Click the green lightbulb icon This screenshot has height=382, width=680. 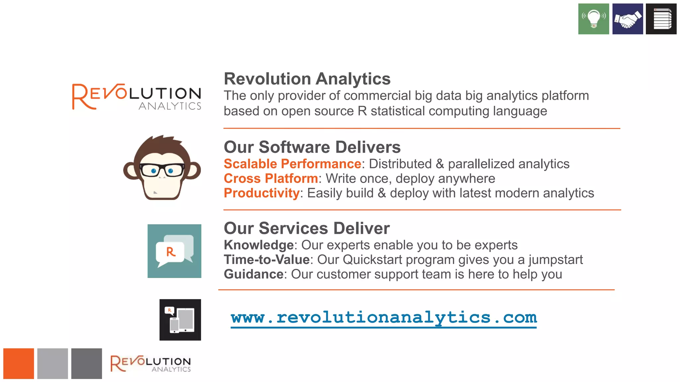pos(593,19)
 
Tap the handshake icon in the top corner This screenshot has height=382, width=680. pos(628,19)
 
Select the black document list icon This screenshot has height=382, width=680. pos(661,19)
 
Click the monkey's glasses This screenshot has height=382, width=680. pos(162,170)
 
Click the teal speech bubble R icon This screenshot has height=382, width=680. pos(174,251)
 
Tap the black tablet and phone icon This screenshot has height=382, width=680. pos(180,320)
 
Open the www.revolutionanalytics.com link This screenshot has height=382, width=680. pos(383,318)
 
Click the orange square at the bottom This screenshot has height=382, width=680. pos(19,363)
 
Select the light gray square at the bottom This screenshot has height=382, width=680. pos(52,363)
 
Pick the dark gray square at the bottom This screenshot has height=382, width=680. pos(86,363)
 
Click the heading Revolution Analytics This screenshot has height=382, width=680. pos(307,79)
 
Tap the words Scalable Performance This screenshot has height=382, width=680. pos(292,164)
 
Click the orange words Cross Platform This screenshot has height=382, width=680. pos(271,178)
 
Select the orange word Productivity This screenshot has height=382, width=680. pos(262,193)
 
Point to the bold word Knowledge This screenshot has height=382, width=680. pos(259,245)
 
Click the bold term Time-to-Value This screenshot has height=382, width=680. pos(267,260)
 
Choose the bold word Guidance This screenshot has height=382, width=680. pos(254,274)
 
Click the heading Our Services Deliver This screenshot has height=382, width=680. pos(307,228)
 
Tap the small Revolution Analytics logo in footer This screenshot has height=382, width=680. pos(150,364)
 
